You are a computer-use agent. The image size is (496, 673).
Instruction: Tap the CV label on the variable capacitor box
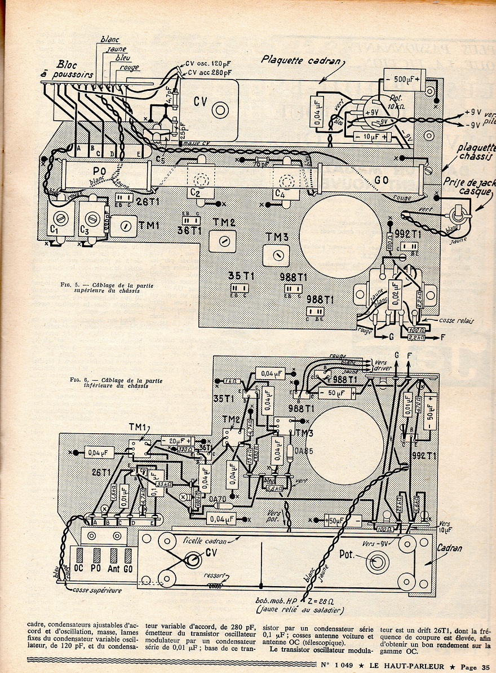pos(201,102)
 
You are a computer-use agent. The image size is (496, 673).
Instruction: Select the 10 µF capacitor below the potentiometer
pos(372,137)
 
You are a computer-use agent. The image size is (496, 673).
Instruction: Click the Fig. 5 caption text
pos(107,288)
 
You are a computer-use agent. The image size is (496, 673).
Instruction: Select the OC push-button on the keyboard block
pos(79,568)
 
